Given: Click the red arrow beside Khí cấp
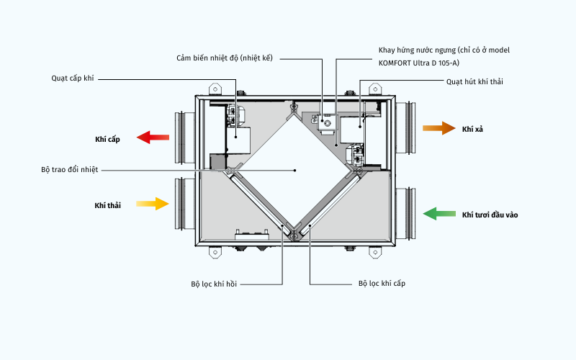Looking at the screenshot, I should [x=153, y=137].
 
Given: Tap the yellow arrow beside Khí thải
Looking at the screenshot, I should [x=152, y=204].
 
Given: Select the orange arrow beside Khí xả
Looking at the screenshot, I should [x=438, y=128].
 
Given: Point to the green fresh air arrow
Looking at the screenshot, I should [x=439, y=213].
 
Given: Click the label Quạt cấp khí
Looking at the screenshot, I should [x=73, y=78].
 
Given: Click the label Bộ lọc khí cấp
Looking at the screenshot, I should [x=382, y=284].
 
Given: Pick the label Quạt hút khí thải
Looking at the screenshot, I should [x=475, y=81].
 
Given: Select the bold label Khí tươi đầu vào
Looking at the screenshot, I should [x=490, y=215].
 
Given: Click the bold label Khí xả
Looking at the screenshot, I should [x=472, y=128].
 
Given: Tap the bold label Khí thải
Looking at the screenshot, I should [x=107, y=205].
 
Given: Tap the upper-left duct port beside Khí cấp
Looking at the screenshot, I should [x=181, y=136].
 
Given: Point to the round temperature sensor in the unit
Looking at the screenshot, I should [x=327, y=124].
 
